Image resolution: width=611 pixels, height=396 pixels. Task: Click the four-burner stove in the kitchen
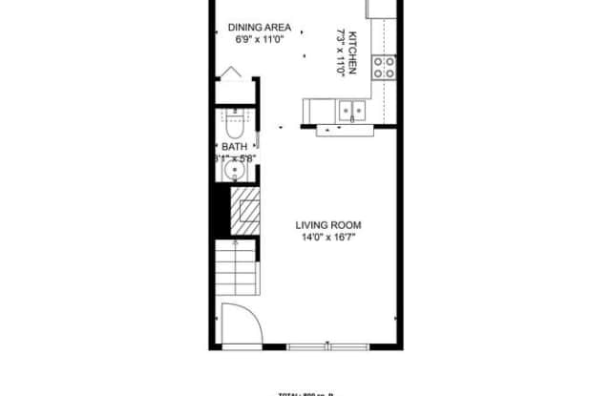384,67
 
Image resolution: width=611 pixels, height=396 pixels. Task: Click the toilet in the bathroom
233,124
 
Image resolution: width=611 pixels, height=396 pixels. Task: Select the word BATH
234,148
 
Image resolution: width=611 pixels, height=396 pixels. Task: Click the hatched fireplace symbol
246,209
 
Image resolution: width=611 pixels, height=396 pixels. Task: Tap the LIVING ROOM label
327,226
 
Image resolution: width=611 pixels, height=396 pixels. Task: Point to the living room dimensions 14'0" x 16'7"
327,239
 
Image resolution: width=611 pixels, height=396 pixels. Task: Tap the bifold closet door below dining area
232,76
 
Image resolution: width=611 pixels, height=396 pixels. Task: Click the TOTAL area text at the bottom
305,393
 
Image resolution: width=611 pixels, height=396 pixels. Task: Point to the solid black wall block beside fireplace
221,210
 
